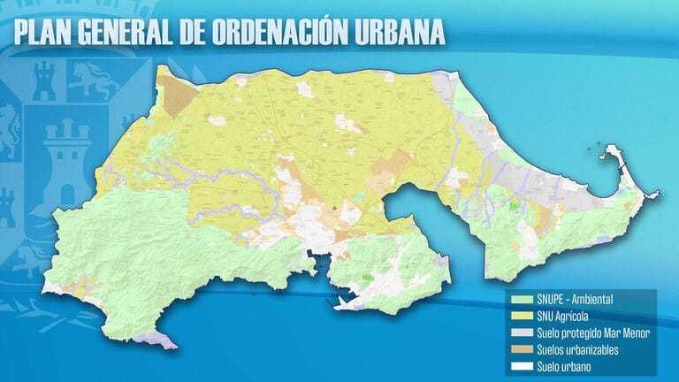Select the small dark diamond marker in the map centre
point(336,210)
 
